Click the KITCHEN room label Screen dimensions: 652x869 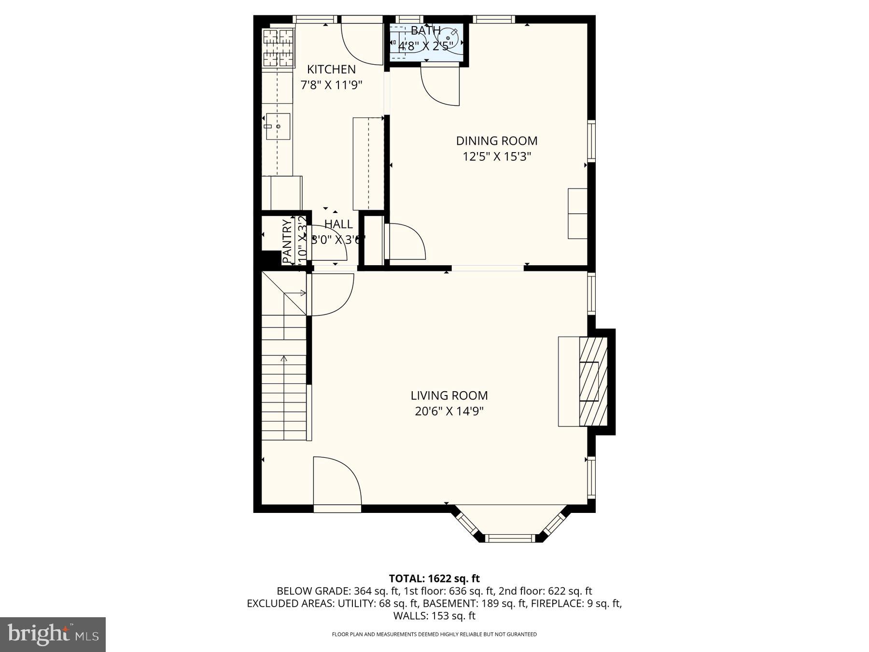(331, 69)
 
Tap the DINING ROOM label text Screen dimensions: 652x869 (497, 141)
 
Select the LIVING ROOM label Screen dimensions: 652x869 (449, 396)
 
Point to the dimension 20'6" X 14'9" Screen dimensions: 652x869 (449, 411)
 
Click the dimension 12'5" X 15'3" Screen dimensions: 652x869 (497, 156)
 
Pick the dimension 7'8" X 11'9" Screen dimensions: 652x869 (331, 85)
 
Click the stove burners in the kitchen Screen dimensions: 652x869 (278, 47)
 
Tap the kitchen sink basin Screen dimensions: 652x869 (278, 126)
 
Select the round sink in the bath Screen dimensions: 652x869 (450, 37)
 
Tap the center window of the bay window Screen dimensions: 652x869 (510, 538)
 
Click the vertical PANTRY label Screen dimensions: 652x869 (287, 241)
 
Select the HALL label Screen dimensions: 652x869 (338, 224)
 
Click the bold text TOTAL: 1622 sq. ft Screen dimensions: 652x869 (434, 578)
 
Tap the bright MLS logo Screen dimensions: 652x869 (53, 634)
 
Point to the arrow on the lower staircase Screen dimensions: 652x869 (284, 360)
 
